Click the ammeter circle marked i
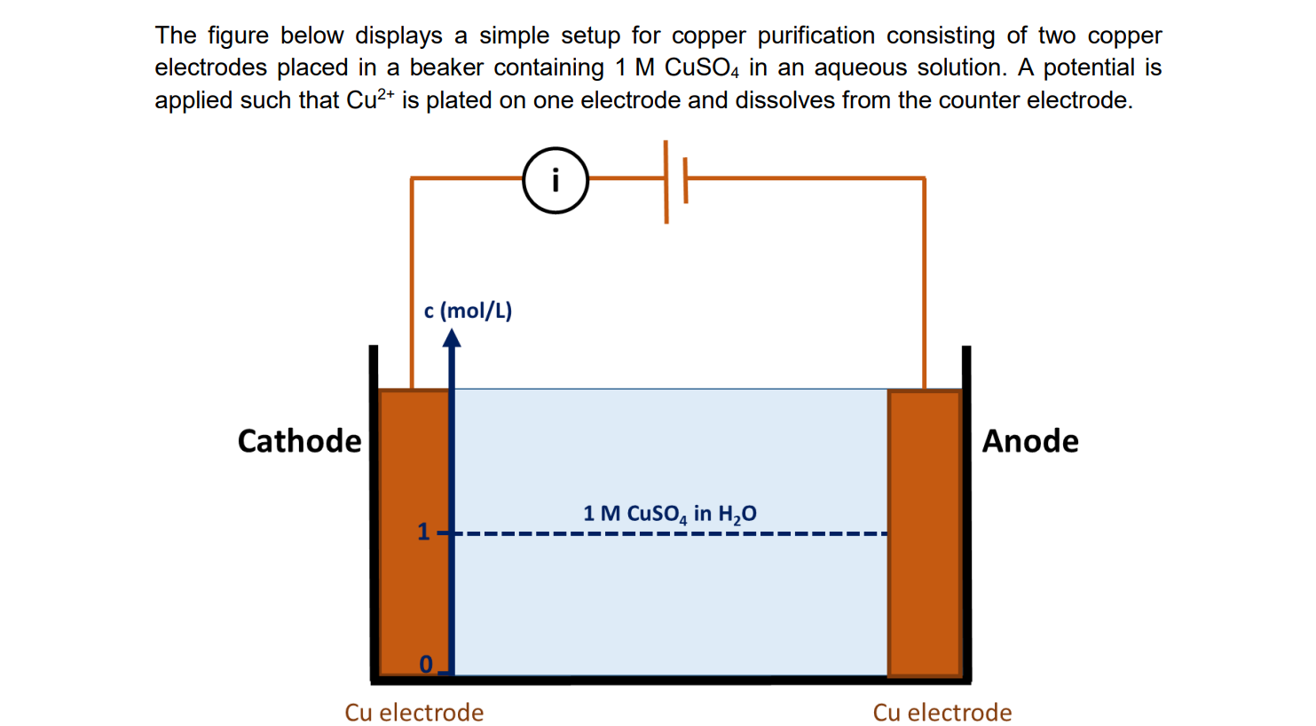pyautogui.click(x=556, y=180)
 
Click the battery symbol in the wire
pyautogui.click(x=675, y=180)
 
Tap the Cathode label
pyautogui.click(x=299, y=441)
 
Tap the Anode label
pyautogui.click(x=1029, y=441)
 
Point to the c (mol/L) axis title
pyautogui.click(x=468, y=311)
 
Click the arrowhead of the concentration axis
pyautogui.click(x=452, y=338)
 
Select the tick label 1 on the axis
pyautogui.click(x=423, y=532)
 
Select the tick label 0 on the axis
pyautogui.click(x=426, y=664)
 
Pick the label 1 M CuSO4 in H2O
pyautogui.click(x=669, y=513)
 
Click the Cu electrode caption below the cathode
pyautogui.click(x=414, y=713)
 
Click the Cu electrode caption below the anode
pyautogui.click(x=942, y=713)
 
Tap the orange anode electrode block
pyautogui.click(x=924, y=533)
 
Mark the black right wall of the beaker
pyautogui.click(x=966, y=515)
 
